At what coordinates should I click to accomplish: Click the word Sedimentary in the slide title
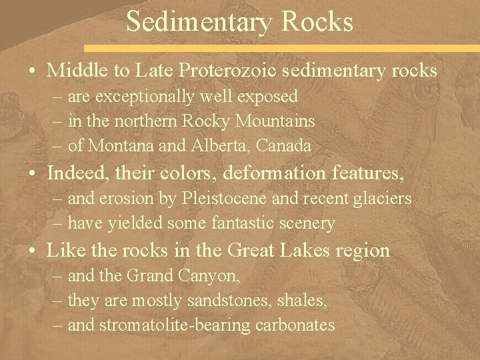coord(197,23)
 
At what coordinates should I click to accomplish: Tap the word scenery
coord(309,223)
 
